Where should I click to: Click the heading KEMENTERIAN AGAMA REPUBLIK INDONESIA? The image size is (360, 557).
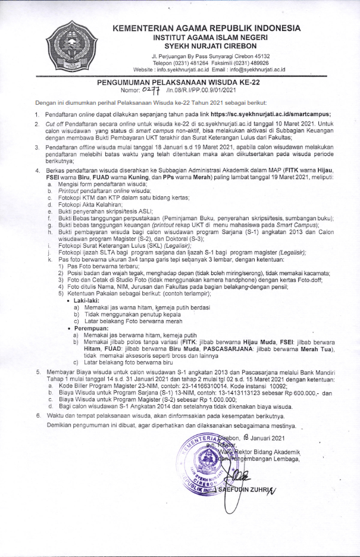206,28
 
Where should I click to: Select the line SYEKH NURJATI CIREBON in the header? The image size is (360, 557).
206,46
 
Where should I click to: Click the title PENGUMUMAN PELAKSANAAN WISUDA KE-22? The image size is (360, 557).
180,85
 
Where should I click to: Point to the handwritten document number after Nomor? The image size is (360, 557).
152,91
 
